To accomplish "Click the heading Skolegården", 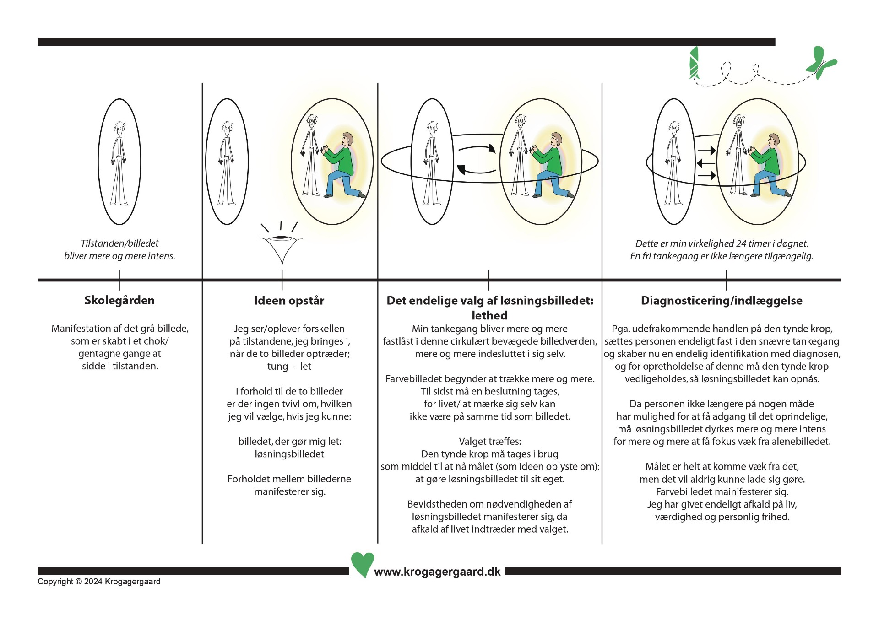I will click(119, 301).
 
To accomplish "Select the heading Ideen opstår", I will click(289, 301).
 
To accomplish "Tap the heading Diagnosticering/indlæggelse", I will click(722, 301).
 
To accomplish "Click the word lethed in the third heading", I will click(489, 315).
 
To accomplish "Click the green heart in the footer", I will click(362, 564).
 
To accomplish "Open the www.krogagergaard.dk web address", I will click(437, 572).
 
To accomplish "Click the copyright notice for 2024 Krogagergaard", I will click(99, 582).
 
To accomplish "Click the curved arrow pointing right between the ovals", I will click(477, 149).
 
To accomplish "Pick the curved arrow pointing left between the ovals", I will click(476, 170).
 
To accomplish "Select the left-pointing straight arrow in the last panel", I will click(705, 163).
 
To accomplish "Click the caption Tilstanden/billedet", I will click(119, 243).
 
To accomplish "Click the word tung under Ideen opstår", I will click(277, 367).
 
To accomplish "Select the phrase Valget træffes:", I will click(490, 442).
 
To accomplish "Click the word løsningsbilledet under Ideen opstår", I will click(289, 454).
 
